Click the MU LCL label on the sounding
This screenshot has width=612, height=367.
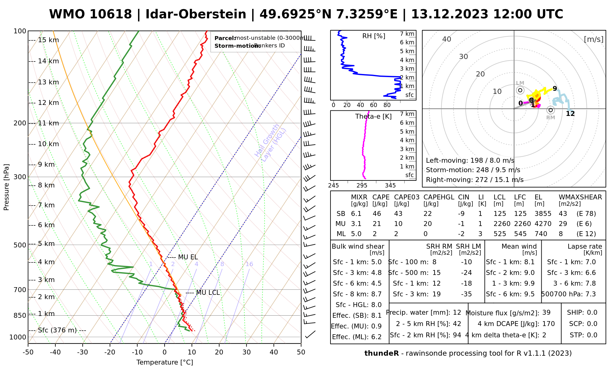point(208,293)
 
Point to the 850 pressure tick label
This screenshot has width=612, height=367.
point(20,315)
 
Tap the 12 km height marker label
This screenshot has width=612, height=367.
point(48,103)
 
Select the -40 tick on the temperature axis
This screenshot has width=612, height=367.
point(55,352)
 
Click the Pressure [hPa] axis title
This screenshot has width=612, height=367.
point(6,187)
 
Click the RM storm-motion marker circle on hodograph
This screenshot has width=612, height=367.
point(551,110)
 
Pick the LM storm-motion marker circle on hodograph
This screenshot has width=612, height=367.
point(520,90)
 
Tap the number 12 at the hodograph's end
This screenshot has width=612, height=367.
point(570,114)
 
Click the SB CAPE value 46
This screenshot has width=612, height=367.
point(377,214)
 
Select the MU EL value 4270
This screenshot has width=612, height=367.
point(543,224)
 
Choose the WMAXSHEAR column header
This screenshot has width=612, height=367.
point(580,197)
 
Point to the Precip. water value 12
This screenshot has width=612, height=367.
point(457,313)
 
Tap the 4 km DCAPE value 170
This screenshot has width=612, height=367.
point(548,324)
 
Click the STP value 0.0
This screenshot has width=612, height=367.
point(592,335)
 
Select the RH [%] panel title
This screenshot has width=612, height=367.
point(374,36)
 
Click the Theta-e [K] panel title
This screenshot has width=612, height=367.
point(373,117)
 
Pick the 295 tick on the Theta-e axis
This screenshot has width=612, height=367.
point(362,186)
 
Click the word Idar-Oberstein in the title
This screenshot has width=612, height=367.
point(196,14)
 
